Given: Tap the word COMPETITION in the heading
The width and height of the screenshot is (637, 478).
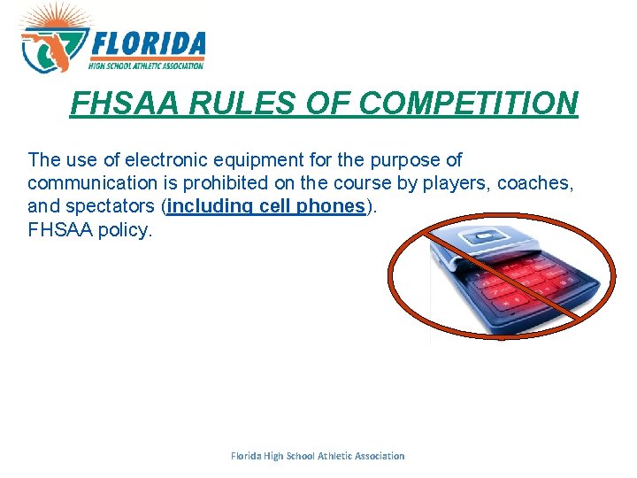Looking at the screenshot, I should pyautogui.click(x=469, y=104).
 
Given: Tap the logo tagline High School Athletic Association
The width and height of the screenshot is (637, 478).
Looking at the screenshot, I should pyautogui.click(x=146, y=66).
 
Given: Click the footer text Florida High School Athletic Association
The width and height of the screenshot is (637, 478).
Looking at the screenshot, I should pyautogui.click(x=318, y=456).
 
